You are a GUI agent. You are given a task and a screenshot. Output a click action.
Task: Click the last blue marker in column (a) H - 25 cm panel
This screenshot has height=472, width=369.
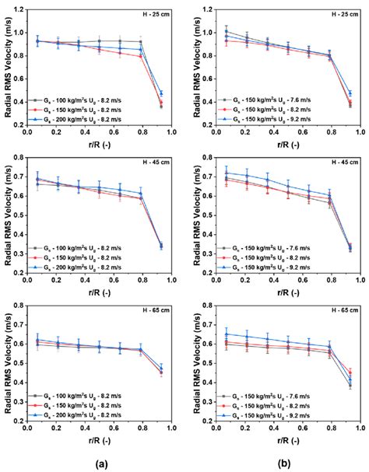161,93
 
